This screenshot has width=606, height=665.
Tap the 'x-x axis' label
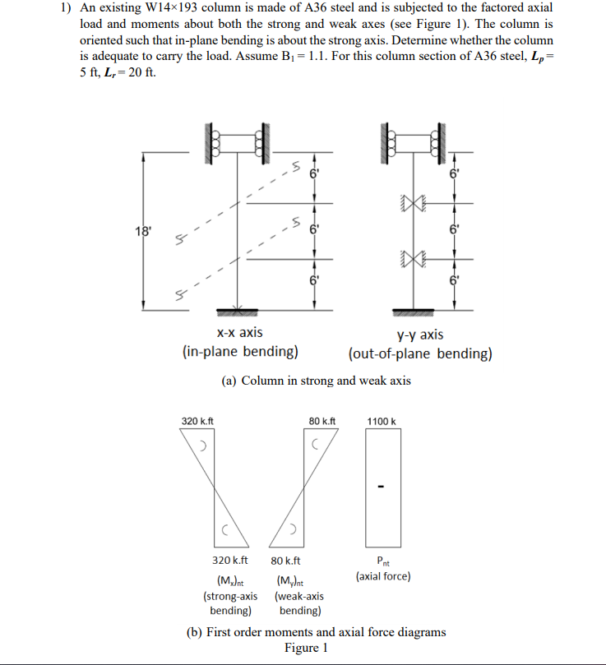[239, 332]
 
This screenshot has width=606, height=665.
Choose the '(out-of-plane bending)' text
[420, 354]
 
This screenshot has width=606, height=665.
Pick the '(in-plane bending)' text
[239, 352]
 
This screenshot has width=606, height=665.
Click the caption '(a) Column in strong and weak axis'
[316, 381]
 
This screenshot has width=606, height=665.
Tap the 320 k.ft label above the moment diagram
[197, 422]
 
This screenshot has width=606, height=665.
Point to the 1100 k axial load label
[382, 422]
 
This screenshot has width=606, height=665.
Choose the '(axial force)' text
[383, 576]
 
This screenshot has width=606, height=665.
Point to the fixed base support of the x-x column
[237, 312]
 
